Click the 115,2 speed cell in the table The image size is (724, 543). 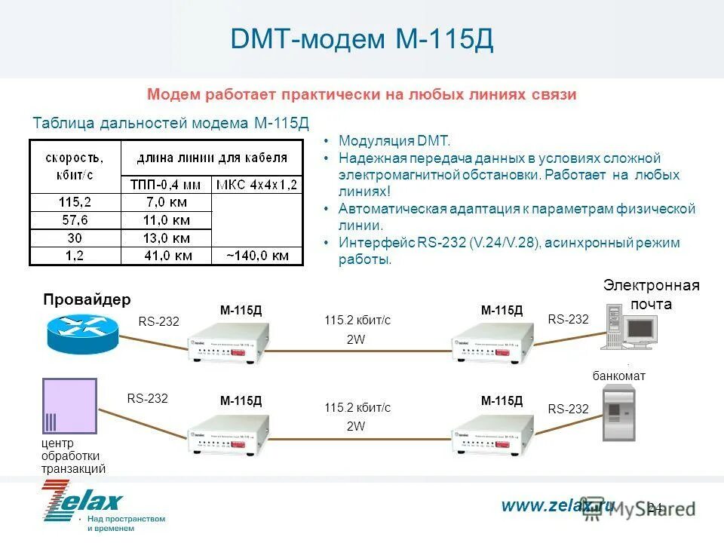click(75, 201)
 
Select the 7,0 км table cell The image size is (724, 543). click(167, 201)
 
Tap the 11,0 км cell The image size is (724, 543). click(167, 219)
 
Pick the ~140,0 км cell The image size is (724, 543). click(257, 256)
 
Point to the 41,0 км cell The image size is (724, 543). click(167, 256)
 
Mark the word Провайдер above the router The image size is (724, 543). click(87, 299)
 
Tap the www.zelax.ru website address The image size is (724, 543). click(557, 505)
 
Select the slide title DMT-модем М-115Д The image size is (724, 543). click(362, 40)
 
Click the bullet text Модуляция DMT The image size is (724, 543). click(394, 142)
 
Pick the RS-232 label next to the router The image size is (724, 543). click(159, 322)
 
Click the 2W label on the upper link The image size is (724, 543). click(355, 339)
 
